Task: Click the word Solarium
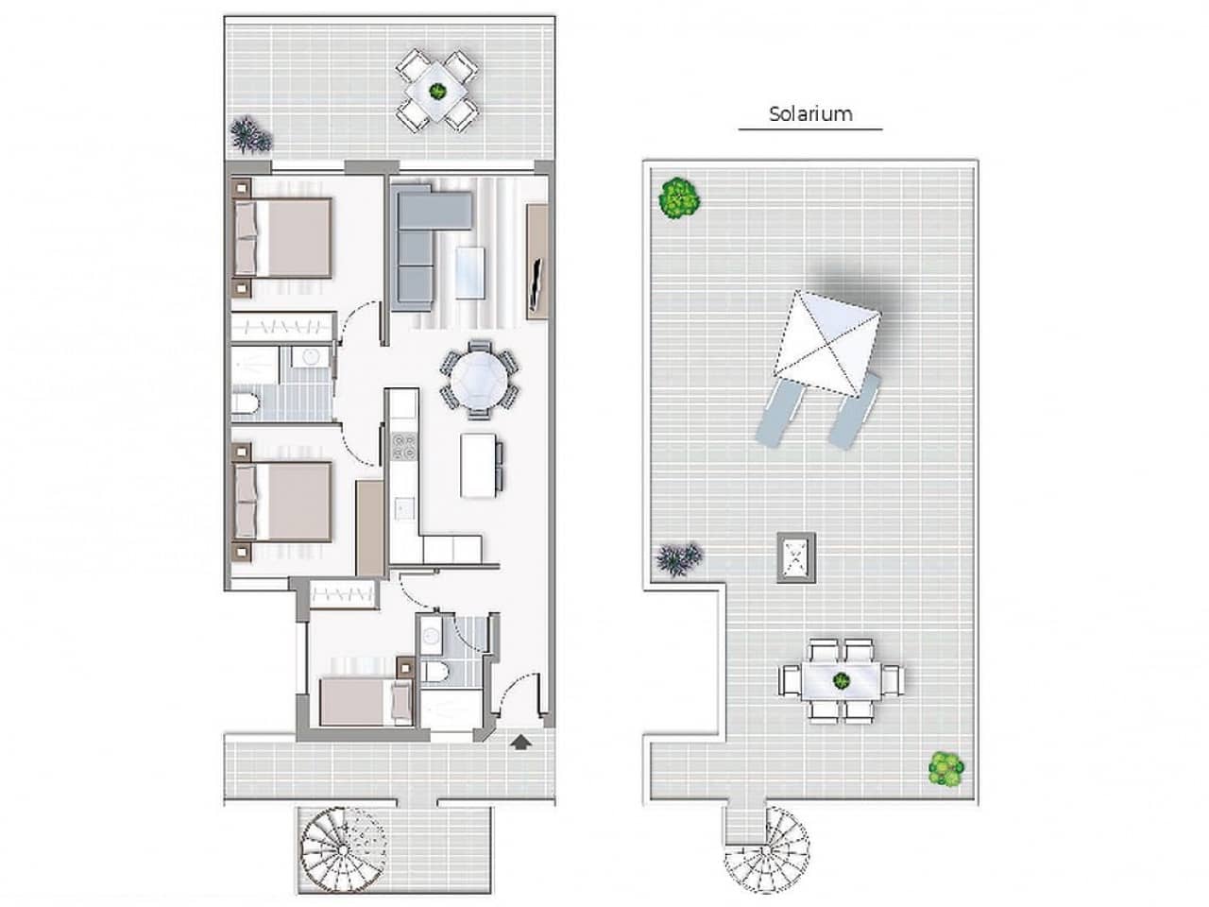[810, 114]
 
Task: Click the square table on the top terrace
[437, 91]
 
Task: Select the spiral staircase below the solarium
[767, 845]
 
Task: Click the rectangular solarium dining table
[842, 679]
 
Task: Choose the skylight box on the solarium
[795, 555]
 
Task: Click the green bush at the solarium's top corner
[679, 198]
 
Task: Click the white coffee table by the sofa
[469, 273]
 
